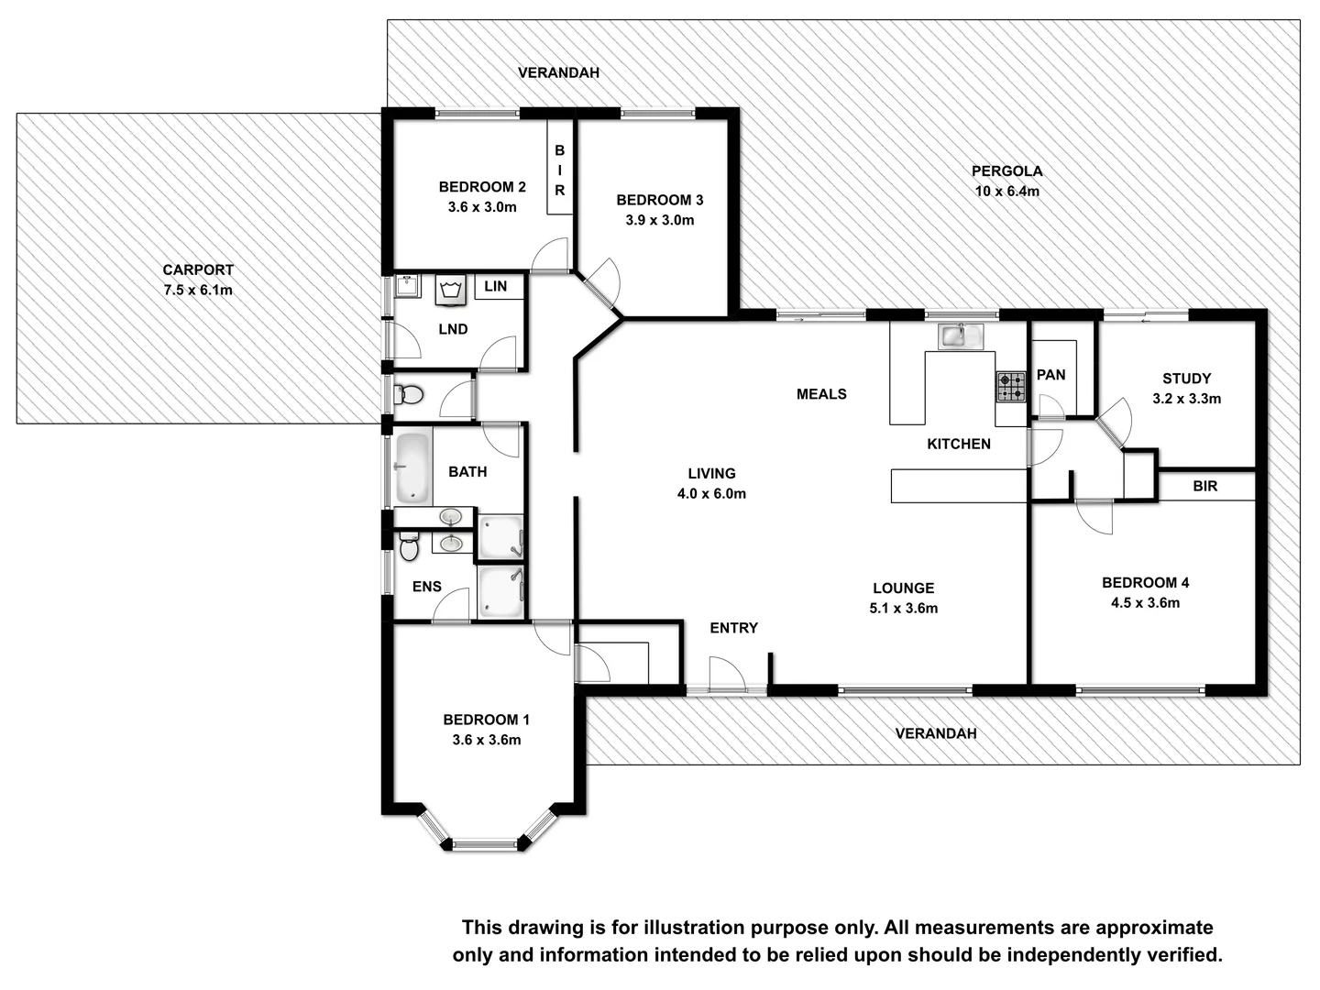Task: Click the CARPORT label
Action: click(198, 269)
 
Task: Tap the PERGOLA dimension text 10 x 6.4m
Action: click(1006, 192)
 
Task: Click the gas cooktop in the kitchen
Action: click(1011, 386)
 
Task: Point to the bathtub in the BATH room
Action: click(412, 467)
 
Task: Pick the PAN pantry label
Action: click(1050, 374)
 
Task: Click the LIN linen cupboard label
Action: click(495, 286)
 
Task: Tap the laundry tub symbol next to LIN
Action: click(450, 290)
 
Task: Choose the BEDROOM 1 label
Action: click(486, 720)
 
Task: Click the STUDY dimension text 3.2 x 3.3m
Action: click(1186, 399)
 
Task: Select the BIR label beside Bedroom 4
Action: click(1204, 486)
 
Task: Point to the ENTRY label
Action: click(733, 628)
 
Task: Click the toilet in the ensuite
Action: click(409, 547)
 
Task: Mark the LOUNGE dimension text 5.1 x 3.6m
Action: click(903, 608)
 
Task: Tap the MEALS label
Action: click(821, 394)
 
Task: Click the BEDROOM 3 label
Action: click(659, 200)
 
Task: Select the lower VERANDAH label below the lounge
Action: click(935, 733)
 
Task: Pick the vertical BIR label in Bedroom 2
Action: click(559, 170)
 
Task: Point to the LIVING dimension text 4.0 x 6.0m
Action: click(711, 493)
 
